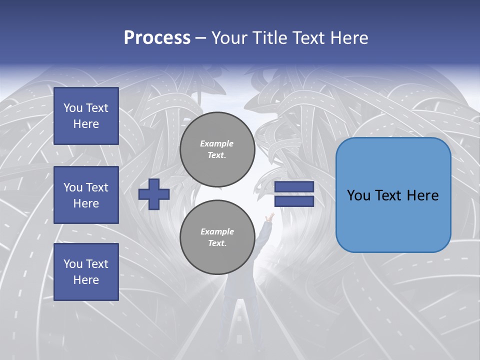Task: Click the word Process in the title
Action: click(x=157, y=38)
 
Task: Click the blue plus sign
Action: click(x=154, y=194)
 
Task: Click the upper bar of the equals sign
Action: click(x=294, y=186)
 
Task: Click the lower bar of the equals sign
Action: click(x=294, y=201)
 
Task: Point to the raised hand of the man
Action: click(x=270, y=217)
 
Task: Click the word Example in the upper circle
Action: click(x=217, y=143)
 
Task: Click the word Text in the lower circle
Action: click(x=216, y=243)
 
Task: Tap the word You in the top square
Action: click(x=73, y=108)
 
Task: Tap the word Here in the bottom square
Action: click(x=86, y=280)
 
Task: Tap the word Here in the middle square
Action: click(x=86, y=203)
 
